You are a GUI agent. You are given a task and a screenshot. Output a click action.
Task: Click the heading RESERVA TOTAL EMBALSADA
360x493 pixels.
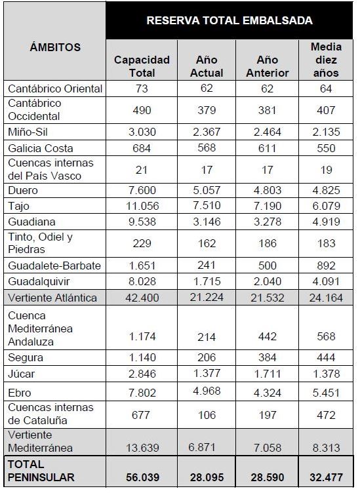click(230, 20)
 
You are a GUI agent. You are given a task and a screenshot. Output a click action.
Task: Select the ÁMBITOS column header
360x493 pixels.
click(55, 47)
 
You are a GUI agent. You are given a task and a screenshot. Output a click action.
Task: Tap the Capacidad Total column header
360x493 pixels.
click(142, 66)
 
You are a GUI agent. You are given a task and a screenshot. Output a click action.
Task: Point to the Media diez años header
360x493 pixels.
click(326, 60)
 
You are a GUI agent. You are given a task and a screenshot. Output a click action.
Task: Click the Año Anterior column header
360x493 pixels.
click(268, 66)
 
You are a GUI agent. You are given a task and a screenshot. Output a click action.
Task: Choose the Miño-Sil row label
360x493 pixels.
click(28, 132)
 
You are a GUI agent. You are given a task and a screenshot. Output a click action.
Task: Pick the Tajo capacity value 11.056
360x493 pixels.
click(142, 206)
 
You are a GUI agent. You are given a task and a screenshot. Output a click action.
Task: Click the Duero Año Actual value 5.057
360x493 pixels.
click(207, 190)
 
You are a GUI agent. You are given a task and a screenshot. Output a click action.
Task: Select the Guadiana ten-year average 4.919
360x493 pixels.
click(326, 222)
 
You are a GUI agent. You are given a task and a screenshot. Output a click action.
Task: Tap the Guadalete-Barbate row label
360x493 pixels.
click(54, 266)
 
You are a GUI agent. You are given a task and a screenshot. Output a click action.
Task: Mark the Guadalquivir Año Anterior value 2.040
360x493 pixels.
click(268, 281)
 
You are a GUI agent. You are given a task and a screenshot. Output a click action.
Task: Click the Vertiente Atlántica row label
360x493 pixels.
click(52, 298)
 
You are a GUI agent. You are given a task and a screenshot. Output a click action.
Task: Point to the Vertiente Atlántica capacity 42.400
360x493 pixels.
click(142, 298)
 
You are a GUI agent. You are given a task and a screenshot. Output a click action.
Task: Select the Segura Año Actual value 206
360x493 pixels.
click(207, 357)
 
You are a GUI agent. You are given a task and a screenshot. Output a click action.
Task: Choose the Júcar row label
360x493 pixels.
click(22, 374)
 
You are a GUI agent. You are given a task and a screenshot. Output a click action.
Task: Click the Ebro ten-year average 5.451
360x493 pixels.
click(326, 393)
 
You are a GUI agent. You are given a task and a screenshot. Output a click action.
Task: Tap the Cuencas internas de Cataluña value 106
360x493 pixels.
click(207, 415)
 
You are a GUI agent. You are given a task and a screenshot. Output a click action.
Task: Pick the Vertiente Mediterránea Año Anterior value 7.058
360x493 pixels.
click(268, 448)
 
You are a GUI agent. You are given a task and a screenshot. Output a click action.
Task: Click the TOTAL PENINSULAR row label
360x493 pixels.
click(41, 471)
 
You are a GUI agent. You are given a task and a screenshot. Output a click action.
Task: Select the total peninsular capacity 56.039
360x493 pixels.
click(142, 477)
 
